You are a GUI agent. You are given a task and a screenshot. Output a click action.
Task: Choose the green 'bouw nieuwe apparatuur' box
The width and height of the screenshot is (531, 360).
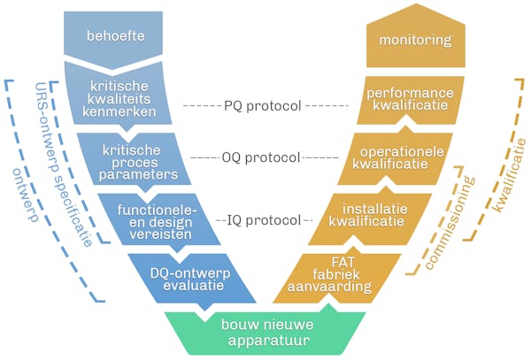[265, 329]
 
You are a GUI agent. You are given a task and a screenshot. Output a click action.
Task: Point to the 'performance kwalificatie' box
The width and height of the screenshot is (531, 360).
[403, 99]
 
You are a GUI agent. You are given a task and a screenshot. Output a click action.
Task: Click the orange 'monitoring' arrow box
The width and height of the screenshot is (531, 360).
[414, 40]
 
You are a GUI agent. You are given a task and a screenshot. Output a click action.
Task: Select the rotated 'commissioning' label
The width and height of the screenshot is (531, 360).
[451, 226]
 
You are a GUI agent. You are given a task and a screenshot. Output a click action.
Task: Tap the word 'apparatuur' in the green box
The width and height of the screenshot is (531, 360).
[265, 337]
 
